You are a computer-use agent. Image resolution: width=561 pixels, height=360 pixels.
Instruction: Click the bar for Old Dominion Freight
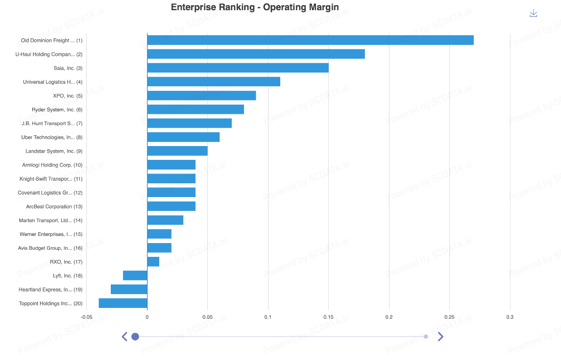click(310, 40)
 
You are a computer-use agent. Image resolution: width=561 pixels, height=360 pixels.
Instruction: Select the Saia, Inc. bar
click(237, 68)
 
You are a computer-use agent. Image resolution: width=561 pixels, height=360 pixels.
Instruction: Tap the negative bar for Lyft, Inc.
click(135, 276)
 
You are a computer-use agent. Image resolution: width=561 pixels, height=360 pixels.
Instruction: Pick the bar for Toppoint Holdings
click(123, 303)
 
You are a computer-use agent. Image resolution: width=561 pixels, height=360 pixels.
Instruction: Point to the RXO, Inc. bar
click(153, 262)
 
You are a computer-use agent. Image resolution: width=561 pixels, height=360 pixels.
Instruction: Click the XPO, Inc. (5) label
click(67, 96)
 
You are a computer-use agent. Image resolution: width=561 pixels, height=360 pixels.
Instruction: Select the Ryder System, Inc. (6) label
click(57, 110)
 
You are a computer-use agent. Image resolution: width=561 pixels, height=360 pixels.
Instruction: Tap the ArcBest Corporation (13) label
click(54, 207)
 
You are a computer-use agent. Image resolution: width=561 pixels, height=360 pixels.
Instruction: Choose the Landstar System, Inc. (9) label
click(54, 151)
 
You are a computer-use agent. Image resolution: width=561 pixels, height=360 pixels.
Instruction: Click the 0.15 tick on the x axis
click(328, 317)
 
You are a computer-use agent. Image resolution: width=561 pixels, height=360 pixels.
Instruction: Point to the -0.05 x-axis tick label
click(86, 317)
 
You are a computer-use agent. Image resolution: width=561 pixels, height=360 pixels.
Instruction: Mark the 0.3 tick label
click(510, 317)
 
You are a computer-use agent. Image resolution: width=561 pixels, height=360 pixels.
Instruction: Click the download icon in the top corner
click(533, 13)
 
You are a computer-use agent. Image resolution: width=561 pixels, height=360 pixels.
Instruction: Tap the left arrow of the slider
click(124, 337)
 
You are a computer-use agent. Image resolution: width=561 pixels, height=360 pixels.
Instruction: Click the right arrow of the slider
click(441, 337)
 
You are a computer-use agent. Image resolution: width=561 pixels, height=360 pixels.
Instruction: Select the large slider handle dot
click(135, 337)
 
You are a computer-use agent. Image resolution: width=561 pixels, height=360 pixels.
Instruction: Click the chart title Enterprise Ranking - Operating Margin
click(255, 7)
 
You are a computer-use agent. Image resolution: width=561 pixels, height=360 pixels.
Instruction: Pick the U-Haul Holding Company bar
click(256, 54)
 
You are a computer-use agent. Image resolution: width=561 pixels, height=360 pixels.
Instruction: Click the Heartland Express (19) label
click(51, 290)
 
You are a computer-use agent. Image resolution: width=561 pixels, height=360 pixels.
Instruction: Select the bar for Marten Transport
click(165, 220)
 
